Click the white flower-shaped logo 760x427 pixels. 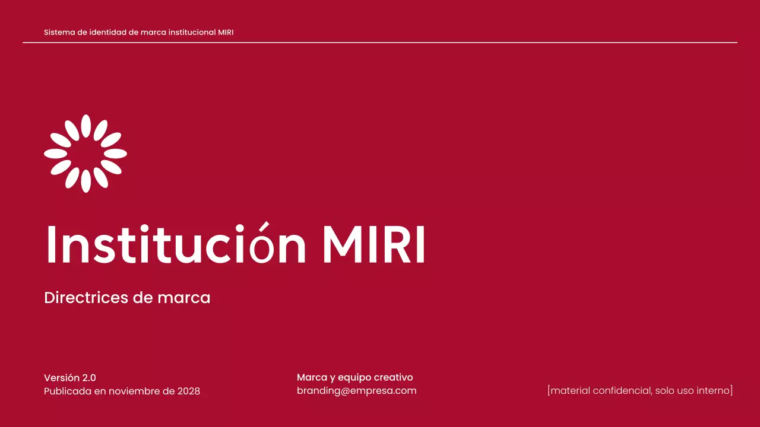pos(85,154)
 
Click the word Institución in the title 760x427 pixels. pos(176,244)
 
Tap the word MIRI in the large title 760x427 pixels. pos(373,244)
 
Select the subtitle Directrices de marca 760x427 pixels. pos(127,298)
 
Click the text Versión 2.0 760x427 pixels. pos(70,378)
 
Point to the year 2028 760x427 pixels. pos(189,391)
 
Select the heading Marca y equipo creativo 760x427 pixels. pos(354,378)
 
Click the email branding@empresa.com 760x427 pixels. pos(356,391)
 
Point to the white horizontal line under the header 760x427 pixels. pos(380,43)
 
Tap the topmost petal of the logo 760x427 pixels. pos(85,126)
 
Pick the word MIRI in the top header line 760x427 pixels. pos(226,32)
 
